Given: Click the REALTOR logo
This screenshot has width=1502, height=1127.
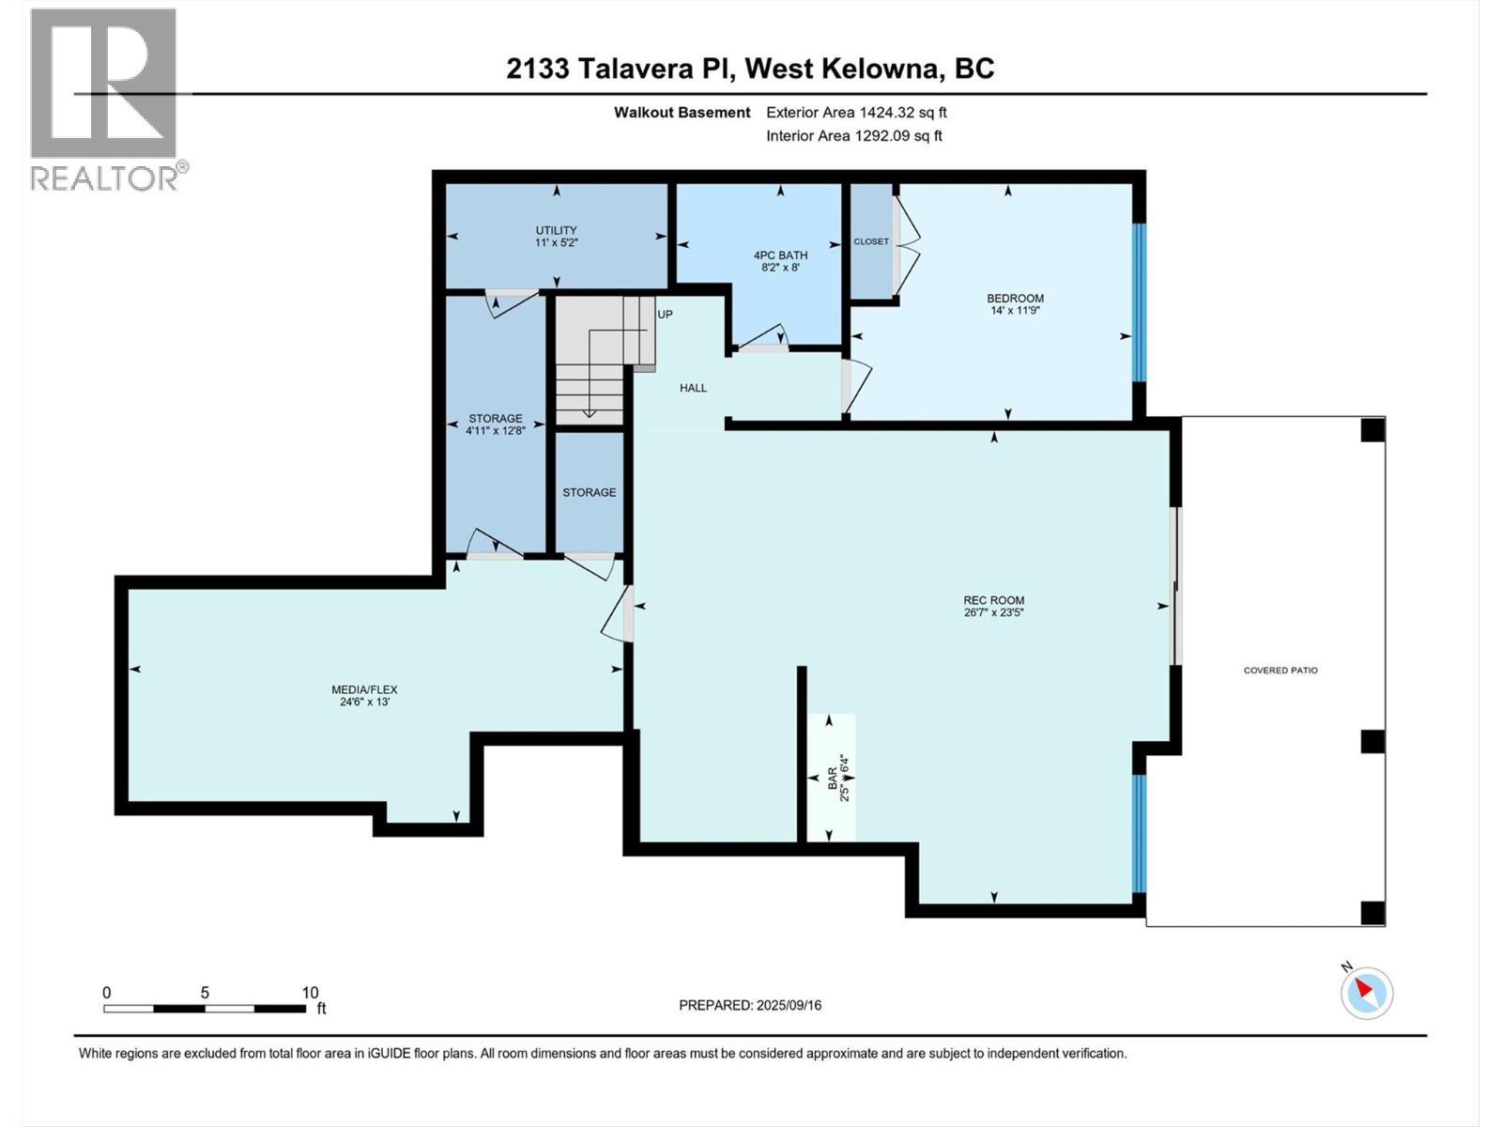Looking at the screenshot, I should pyautogui.click(x=104, y=99).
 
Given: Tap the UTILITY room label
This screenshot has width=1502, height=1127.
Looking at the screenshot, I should pyautogui.click(x=556, y=230).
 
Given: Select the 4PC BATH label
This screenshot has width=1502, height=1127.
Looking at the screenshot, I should pyautogui.click(x=780, y=255).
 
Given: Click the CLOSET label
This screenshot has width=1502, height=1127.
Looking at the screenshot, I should pyautogui.click(x=870, y=241).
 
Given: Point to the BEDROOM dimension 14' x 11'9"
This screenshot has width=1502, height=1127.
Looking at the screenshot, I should pyautogui.click(x=1015, y=311).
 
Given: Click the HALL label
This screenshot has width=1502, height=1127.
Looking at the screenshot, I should pyautogui.click(x=693, y=388).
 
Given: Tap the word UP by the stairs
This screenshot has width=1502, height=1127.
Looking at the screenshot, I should pyautogui.click(x=665, y=315).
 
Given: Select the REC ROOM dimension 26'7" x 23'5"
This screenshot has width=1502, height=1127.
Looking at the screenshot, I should pyautogui.click(x=993, y=613).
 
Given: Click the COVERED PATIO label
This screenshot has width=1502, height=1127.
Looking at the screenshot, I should pyautogui.click(x=1280, y=671).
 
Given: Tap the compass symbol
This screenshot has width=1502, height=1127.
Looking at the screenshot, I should pyautogui.click(x=1367, y=992).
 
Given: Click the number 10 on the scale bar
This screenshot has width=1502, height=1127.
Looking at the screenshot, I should pyautogui.click(x=310, y=993).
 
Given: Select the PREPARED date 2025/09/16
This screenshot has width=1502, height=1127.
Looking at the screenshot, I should pyautogui.click(x=788, y=1005).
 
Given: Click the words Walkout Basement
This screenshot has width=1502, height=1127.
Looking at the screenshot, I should pyautogui.click(x=682, y=113).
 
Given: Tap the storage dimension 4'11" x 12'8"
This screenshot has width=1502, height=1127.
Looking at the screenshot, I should pyautogui.click(x=495, y=431).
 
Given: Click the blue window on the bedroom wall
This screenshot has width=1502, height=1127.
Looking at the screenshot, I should pyautogui.click(x=1139, y=301).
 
